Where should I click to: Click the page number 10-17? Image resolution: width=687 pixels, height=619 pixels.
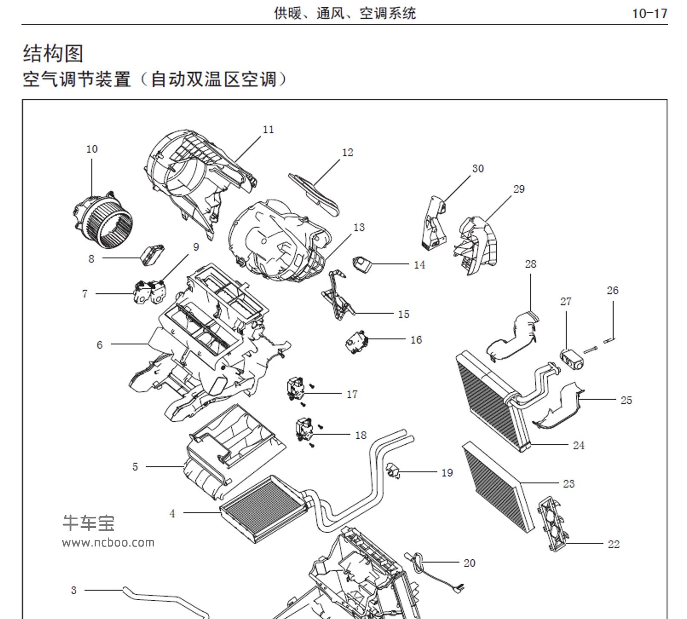coord(649,14)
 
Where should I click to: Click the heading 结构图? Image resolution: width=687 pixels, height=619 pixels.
coord(53,54)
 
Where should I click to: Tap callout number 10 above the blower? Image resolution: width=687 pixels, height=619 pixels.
coord(92,149)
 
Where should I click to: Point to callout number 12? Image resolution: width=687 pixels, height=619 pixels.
coord(347,153)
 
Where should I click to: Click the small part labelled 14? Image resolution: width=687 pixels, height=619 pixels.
coord(361,264)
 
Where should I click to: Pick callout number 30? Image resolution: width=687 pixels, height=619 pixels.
coord(478,169)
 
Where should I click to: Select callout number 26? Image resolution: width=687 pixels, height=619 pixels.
coord(612,291)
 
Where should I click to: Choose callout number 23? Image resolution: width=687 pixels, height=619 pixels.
coord(569,484)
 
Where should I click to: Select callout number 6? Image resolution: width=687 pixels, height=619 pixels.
coord(99,345)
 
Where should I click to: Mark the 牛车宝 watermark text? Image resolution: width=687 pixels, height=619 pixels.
coord(89,523)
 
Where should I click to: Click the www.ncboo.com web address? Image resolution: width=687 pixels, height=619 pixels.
coord(108,543)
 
